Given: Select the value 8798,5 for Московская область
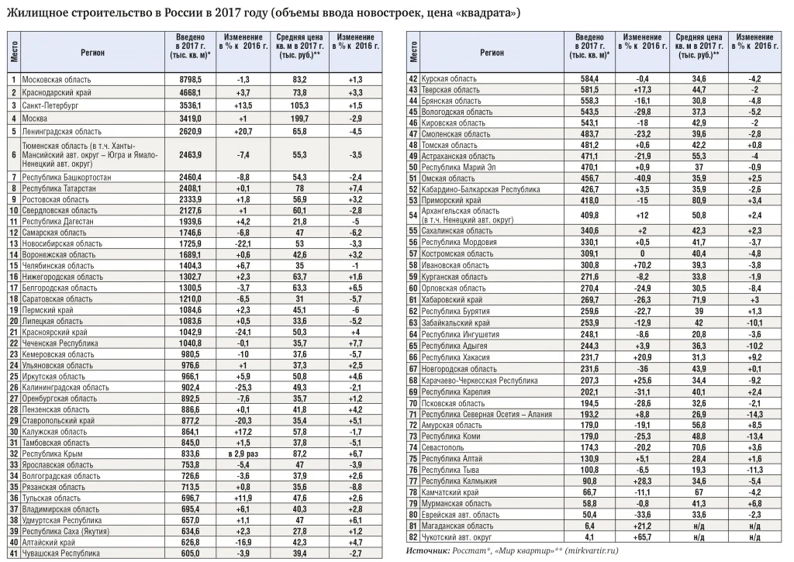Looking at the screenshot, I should (x=190, y=80).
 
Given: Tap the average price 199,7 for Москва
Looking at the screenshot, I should (x=299, y=118).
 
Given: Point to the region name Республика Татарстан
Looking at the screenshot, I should (x=57, y=188).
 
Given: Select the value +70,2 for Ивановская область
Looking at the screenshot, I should (x=641, y=264).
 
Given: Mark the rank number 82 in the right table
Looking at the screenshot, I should (x=413, y=537).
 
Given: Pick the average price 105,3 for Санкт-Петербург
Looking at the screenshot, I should (x=299, y=105).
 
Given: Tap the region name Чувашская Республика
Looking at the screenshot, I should (x=60, y=553).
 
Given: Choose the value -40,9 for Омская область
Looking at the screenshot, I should (x=641, y=178).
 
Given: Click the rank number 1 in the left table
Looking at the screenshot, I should (x=13, y=80).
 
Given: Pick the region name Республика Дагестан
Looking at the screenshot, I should (x=56, y=221).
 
